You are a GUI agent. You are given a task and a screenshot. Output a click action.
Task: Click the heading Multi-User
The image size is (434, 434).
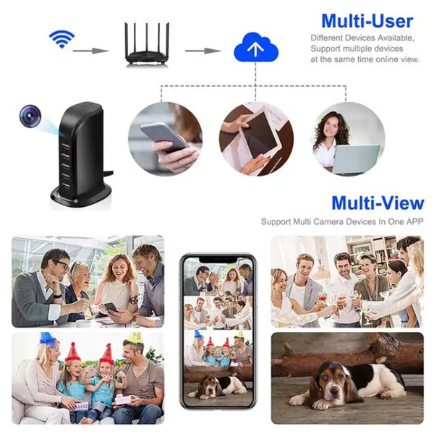(x=367, y=20)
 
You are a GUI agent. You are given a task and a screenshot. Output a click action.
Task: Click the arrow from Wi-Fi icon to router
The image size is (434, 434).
(x=91, y=51)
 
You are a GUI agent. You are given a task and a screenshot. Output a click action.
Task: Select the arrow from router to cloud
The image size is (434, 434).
(x=203, y=51)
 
